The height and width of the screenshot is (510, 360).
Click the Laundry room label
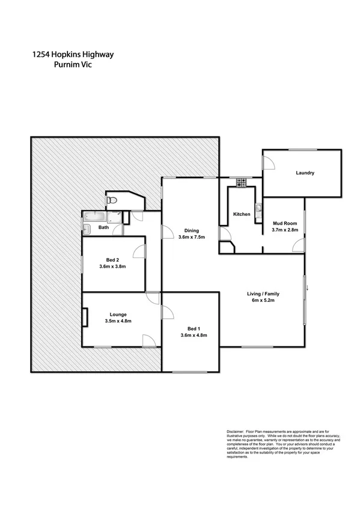pos(305,173)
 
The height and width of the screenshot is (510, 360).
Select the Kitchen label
pos(242,214)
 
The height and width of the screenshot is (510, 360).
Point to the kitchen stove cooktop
pos(242,181)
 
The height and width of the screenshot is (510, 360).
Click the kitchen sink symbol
pos(258,209)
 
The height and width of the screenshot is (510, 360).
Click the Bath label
pos(103,227)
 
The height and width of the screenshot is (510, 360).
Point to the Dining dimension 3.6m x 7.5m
pos(192,237)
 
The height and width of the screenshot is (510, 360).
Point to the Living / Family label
pos(263,293)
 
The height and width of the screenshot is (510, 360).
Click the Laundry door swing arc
pos(269,161)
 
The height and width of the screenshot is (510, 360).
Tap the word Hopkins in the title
pos(74,55)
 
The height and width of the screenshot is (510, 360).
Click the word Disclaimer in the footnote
pos(237,431)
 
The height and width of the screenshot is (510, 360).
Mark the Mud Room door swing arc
pos(297,244)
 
